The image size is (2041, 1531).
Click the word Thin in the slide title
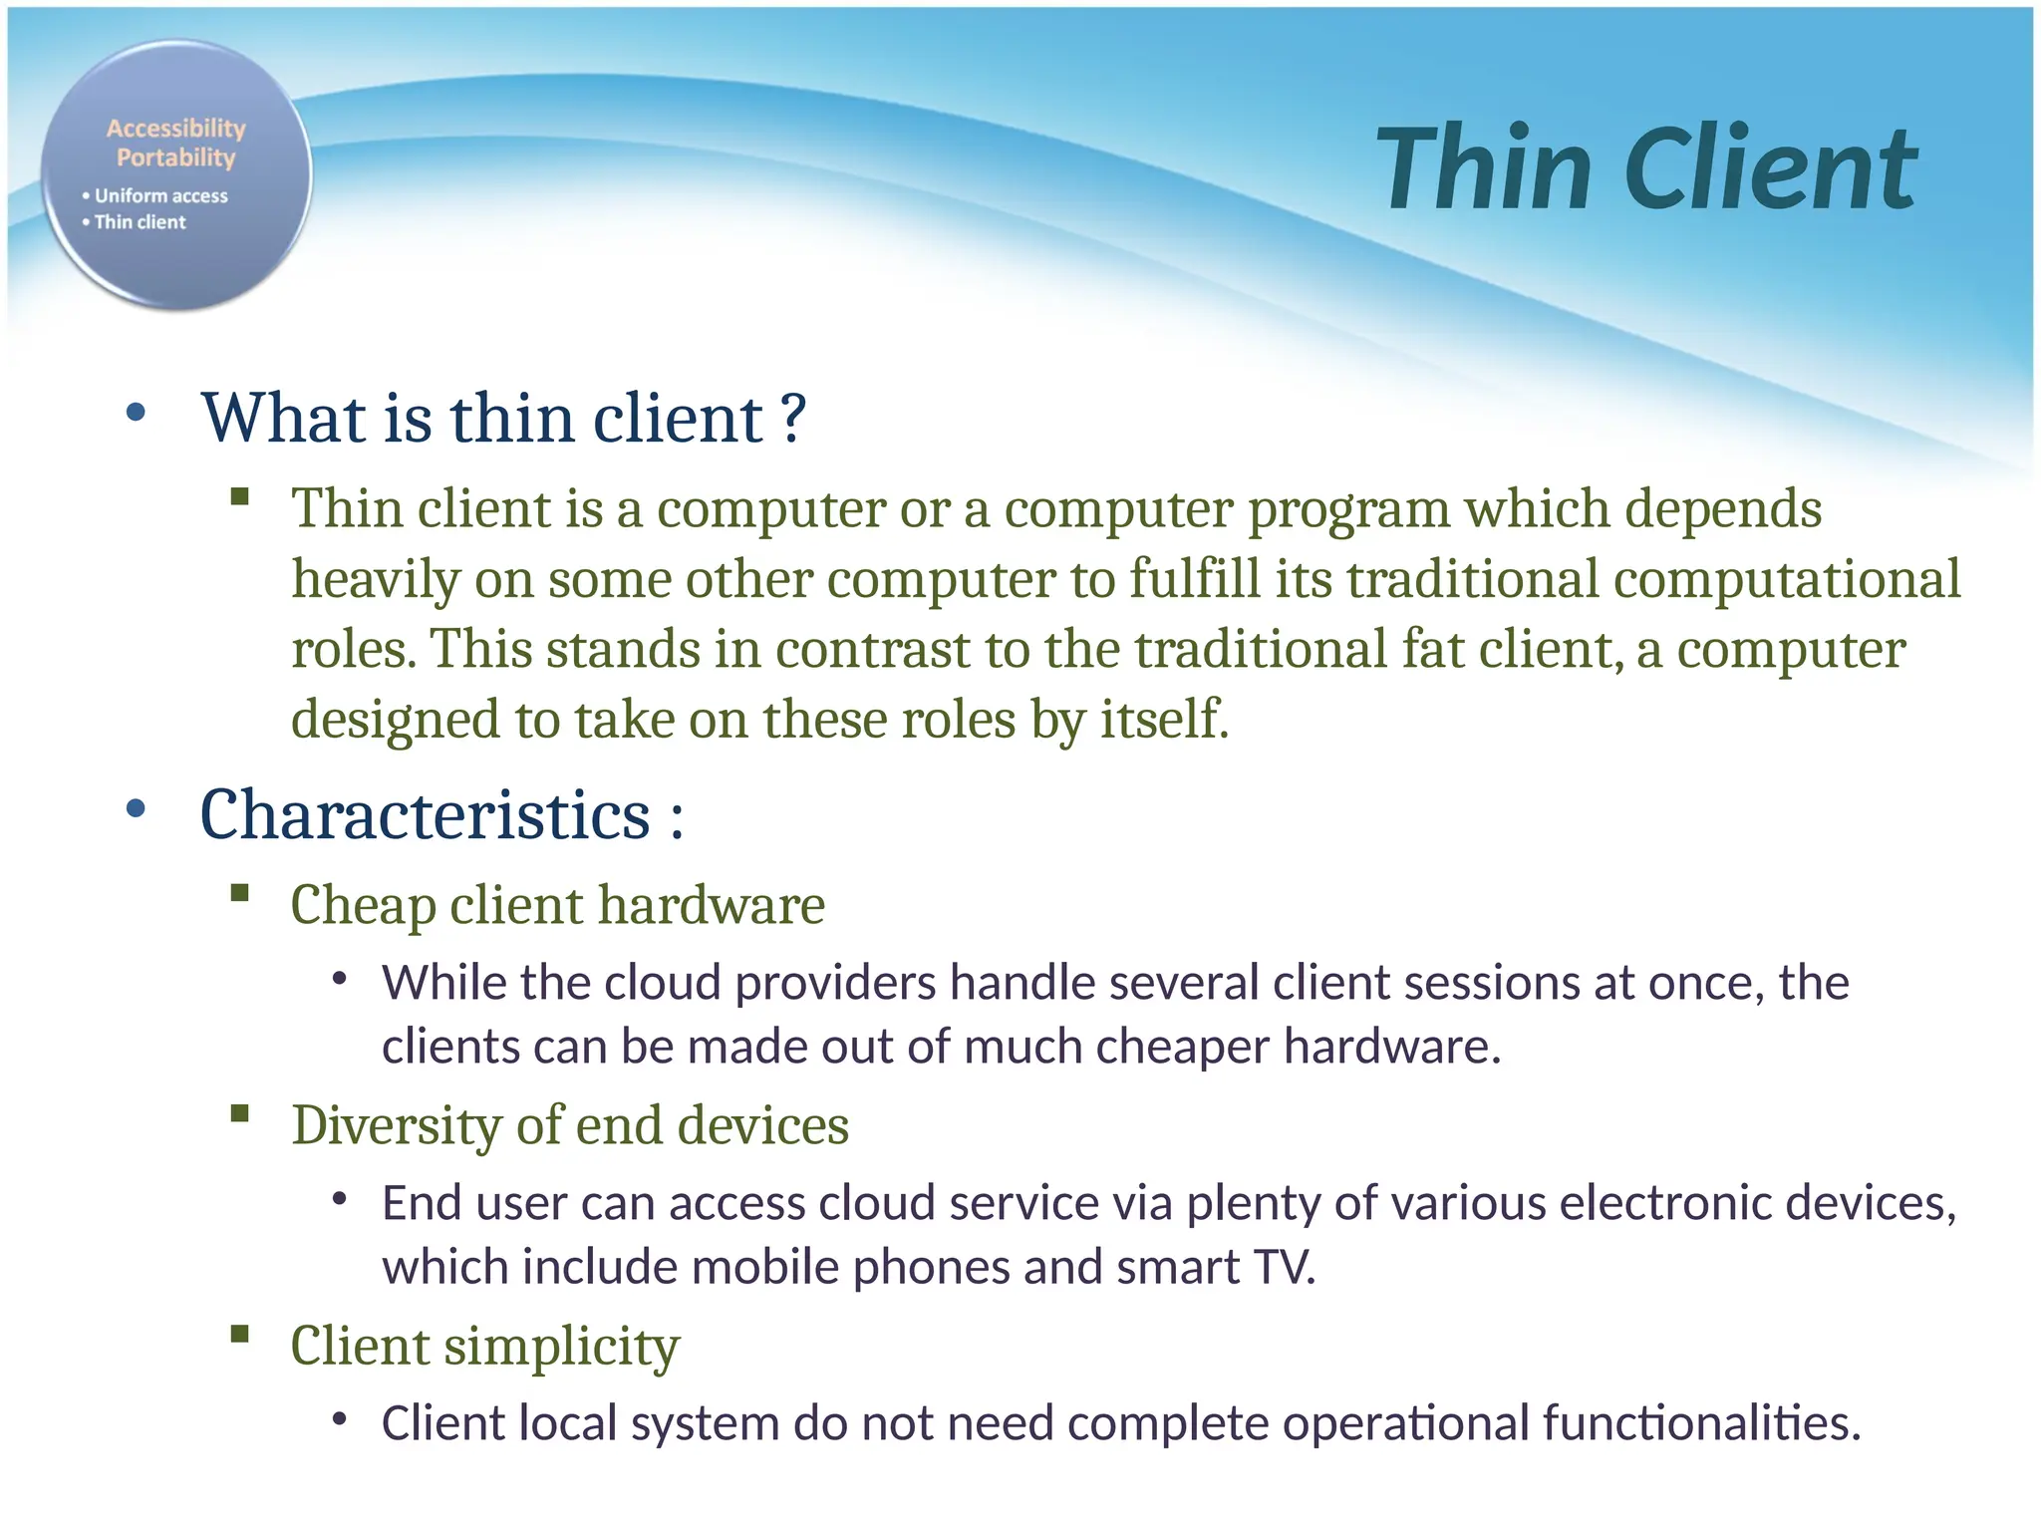coord(1485,169)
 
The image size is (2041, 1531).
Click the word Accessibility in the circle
coord(176,129)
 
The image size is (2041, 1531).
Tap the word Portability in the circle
coord(176,157)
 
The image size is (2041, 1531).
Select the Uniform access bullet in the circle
coord(159,196)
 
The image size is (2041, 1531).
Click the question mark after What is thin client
coord(793,419)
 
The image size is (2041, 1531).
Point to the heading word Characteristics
coord(426,815)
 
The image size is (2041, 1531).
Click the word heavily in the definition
coord(375,580)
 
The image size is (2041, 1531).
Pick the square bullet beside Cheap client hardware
coord(239,892)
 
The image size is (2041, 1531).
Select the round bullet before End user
coord(340,1200)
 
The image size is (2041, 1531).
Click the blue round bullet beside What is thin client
coord(137,412)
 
